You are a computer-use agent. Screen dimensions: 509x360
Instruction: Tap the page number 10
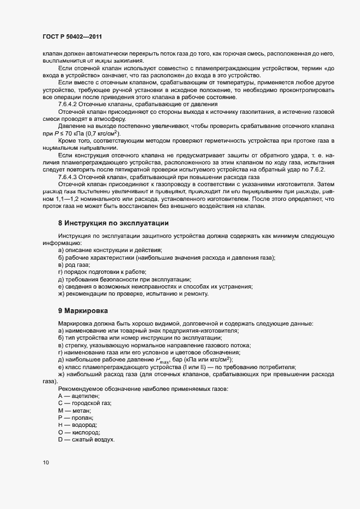(46, 463)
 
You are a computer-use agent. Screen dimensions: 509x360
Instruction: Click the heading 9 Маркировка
(83, 310)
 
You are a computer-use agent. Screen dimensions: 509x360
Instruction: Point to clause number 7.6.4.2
(69, 103)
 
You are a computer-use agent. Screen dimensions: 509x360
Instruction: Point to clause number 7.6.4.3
(69, 177)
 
